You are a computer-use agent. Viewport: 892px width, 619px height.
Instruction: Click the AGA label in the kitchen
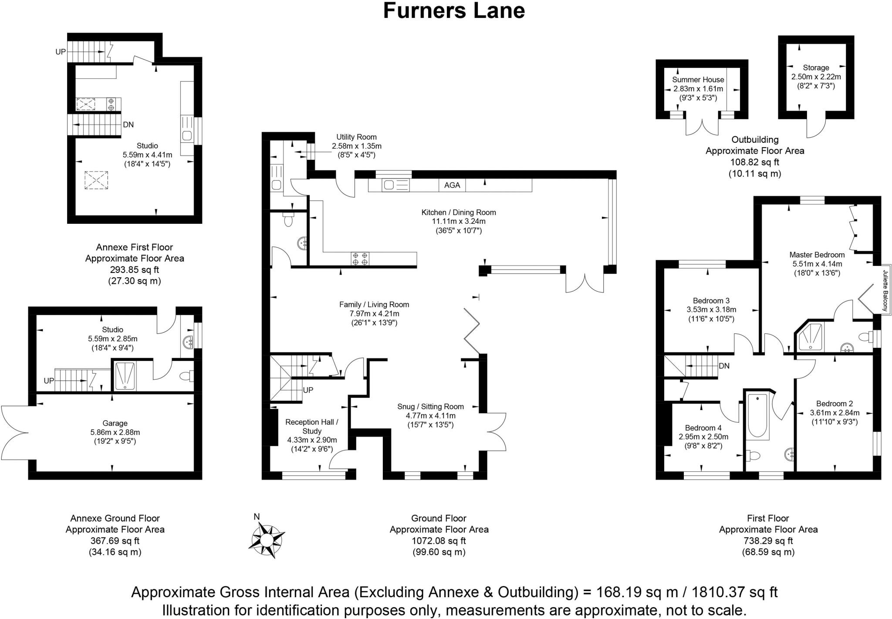point(452,185)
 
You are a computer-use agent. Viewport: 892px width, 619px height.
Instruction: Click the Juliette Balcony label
point(885,290)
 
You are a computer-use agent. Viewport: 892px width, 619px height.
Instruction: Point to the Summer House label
point(698,80)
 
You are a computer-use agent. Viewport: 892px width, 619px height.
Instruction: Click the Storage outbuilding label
point(816,67)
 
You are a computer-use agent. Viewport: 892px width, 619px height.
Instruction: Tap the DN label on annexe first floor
point(128,124)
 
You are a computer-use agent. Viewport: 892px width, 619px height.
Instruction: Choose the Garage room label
point(115,423)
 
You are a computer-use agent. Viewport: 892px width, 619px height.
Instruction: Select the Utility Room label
point(356,137)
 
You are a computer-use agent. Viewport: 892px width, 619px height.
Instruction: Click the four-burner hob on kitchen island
point(360,259)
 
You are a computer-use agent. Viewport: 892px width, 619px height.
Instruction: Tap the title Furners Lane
point(454,11)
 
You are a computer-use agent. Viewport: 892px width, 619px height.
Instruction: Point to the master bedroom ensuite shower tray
point(810,337)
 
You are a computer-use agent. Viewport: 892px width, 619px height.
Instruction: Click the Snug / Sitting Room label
point(430,407)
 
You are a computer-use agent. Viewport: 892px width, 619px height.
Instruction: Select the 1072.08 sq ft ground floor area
point(439,541)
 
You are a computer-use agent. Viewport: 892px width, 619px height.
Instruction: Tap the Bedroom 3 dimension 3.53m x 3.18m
point(711,310)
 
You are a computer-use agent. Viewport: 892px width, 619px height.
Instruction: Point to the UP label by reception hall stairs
point(308,390)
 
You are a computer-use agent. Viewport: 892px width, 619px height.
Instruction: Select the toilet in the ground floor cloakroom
point(288,220)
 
